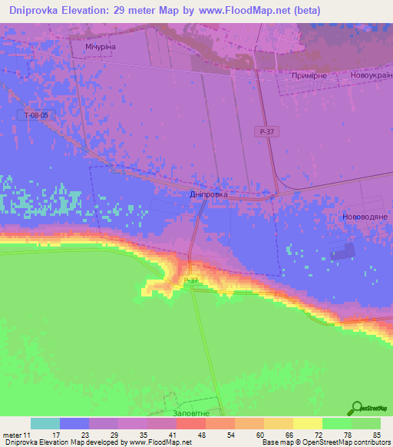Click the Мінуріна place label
click(100, 47)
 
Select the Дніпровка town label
click(208, 195)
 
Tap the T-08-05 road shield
click(36, 115)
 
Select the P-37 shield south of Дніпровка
click(191, 281)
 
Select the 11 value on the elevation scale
click(28, 435)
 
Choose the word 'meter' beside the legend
click(12, 435)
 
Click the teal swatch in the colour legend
click(45, 423)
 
